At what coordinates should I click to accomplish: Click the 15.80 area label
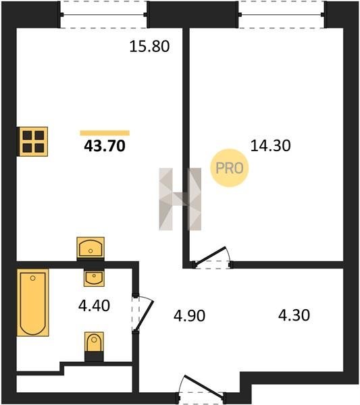click(149, 47)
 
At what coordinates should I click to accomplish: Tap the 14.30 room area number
click(271, 145)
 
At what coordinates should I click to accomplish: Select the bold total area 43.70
click(105, 146)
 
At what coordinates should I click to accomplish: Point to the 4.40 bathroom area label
click(94, 306)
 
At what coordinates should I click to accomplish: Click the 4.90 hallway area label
click(189, 316)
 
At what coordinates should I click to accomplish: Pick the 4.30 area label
click(294, 315)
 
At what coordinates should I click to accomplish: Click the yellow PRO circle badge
click(229, 168)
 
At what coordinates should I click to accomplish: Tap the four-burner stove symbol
click(33, 142)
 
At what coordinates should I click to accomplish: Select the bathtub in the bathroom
click(33, 302)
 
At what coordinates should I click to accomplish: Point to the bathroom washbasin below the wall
click(94, 278)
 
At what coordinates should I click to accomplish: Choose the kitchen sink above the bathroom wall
click(91, 248)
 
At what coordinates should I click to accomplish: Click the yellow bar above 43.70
click(105, 133)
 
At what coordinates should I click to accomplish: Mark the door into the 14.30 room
click(211, 256)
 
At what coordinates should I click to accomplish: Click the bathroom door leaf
click(145, 315)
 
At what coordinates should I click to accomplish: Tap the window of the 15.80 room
click(103, 15)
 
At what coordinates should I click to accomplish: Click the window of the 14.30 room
click(281, 15)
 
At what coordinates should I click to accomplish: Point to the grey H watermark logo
click(180, 199)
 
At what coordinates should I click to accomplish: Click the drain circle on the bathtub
click(33, 278)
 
